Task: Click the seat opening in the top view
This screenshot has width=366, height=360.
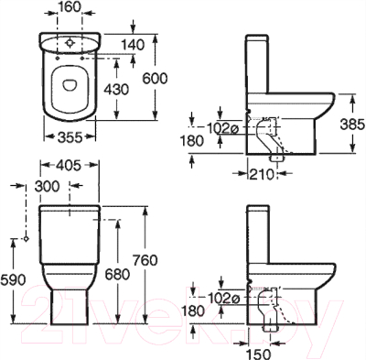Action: point(70,84)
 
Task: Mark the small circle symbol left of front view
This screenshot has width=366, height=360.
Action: point(27,239)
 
